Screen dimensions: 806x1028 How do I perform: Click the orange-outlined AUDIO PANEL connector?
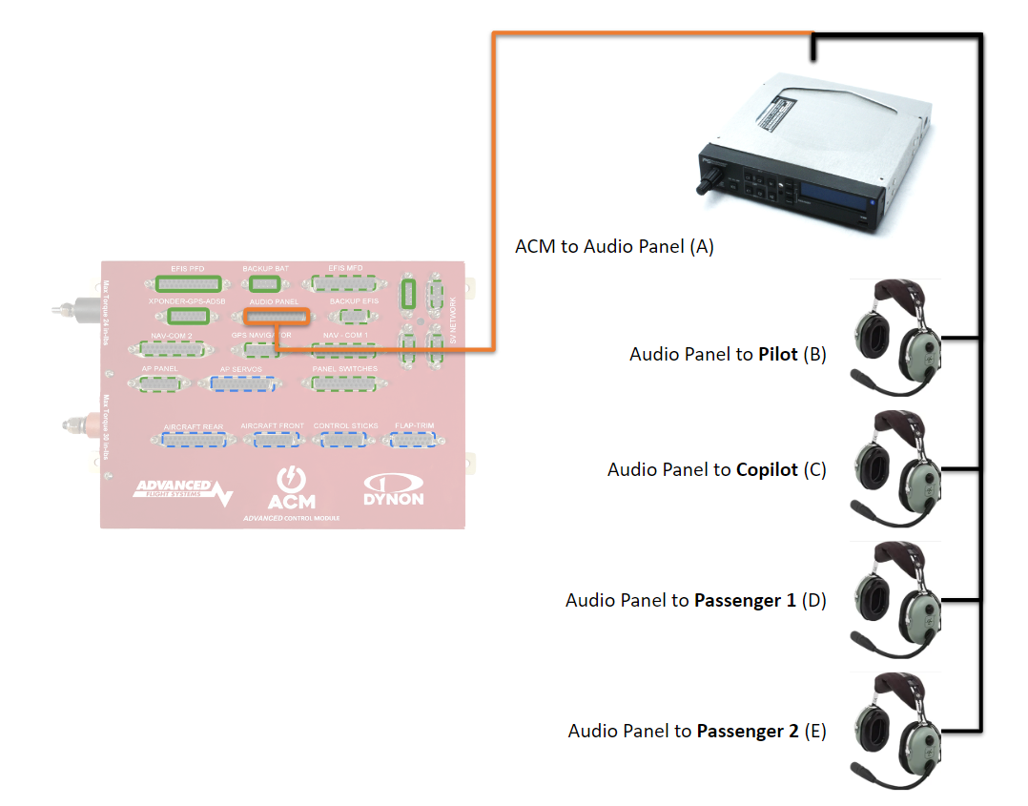tap(277, 317)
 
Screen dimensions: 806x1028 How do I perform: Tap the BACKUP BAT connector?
tap(264, 283)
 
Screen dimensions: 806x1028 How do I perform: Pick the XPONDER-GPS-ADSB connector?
tap(187, 316)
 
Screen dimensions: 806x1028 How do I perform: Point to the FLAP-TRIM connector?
tap(412, 440)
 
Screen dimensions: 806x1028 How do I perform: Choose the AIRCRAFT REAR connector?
tap(194, 440)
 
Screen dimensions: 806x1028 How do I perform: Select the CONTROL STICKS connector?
tap(344, 440)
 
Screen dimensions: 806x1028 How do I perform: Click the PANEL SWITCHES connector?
tap(343, 383)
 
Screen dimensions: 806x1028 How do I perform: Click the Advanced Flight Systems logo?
tap(181, 492)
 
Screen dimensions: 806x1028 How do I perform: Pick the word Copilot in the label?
tap(767, 470)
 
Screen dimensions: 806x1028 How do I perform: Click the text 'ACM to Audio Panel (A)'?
tap(614, 246)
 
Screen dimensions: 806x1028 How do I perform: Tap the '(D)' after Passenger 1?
tap(813, 601)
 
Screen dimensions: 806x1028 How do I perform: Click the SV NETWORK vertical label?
tap(453, 319)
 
